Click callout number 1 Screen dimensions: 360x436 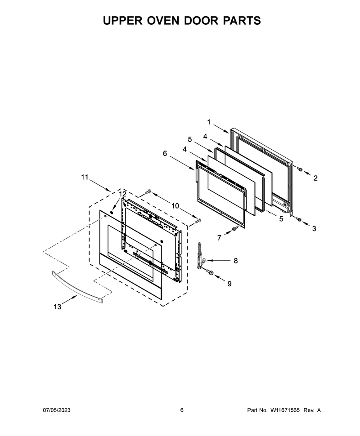[x=209, y=122]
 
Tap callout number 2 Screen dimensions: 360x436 [x=315, y=178]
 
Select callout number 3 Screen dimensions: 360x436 [x=314, y=229]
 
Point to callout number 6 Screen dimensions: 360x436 [x=165, y=153]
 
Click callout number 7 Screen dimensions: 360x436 [x=219, y=238]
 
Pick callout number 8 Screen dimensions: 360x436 [x=235, y=261]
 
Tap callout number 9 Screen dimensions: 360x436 [x=229, y=284]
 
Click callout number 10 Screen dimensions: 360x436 [x=175, y=206]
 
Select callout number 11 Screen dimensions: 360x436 [x=85, y=177]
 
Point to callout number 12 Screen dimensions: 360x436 [x=123, y=194]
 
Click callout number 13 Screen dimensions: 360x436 [x=57, y=307]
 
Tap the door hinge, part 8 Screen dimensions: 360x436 [x=200, y=256]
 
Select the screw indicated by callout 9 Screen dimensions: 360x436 [x=210, y=272]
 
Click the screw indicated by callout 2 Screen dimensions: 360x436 [x=300, y=169]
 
